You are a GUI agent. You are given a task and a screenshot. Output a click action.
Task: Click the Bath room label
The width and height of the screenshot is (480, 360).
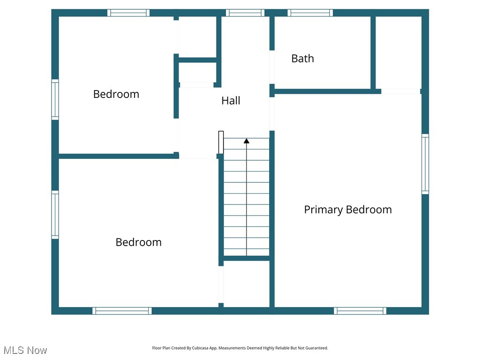coord(302,59)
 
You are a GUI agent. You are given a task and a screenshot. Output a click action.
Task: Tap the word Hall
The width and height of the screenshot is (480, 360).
coord(231,100)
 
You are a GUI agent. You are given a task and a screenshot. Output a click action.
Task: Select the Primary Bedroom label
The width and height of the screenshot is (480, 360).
coord(348,210)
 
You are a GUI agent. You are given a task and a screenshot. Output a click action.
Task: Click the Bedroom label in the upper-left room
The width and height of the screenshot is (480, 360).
coord(116,94)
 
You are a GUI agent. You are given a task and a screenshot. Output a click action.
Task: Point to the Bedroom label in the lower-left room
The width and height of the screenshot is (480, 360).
coord(138,242)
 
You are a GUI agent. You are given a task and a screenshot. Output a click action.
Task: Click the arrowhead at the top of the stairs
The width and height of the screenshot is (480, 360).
coord(247,141)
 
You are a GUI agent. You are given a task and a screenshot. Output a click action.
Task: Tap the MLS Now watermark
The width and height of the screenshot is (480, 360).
coord(25,350)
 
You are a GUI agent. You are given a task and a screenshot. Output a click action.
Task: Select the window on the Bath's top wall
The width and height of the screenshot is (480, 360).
coord(310,13)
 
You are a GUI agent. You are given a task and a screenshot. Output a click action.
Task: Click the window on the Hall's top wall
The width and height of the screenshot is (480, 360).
coord(245,13)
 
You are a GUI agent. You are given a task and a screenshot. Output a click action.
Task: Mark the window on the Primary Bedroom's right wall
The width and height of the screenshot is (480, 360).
coord(425,164)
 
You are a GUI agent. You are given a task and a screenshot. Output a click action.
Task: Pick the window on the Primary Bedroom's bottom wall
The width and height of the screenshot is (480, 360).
coord(360,310)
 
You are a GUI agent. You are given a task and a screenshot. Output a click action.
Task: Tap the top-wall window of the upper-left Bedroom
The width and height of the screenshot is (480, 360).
coord(128,13)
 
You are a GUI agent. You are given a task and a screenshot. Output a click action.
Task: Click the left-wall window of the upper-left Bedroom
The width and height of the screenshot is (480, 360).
coord(55,99)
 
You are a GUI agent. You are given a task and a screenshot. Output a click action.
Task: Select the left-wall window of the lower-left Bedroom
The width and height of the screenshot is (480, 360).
coord(55,215)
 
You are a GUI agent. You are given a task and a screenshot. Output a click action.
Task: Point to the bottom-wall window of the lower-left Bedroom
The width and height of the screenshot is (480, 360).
coord(122,310)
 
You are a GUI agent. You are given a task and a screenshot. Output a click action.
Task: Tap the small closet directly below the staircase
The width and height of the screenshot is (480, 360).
coord(247,284)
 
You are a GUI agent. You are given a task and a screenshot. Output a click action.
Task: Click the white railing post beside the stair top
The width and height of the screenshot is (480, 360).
coord(221,142)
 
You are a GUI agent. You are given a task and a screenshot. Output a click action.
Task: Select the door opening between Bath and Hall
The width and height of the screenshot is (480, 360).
coord(272,67)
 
